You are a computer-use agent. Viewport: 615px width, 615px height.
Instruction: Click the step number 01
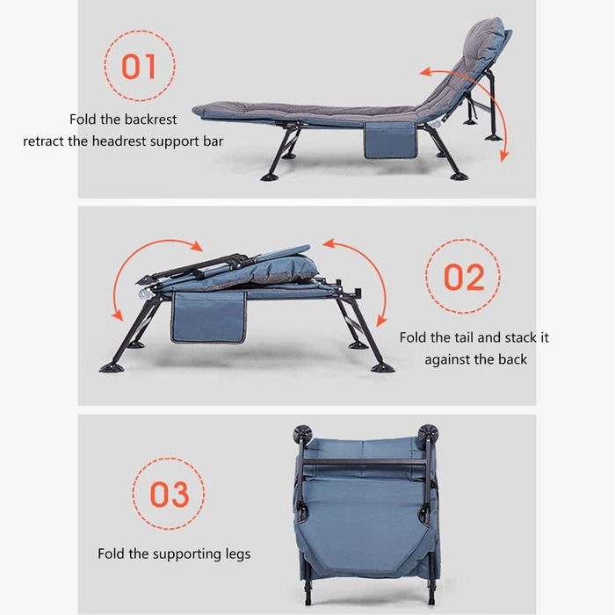(x=139, y=66)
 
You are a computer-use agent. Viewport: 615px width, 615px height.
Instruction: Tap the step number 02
(x=464, y=277)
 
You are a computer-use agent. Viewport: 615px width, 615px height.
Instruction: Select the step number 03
(x=170, y=494)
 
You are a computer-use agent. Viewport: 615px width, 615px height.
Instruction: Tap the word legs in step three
(x=238, y=554)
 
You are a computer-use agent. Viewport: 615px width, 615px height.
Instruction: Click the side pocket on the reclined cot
(x=390, y=140)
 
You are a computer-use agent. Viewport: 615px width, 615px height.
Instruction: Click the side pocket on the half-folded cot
(x=209, y=318)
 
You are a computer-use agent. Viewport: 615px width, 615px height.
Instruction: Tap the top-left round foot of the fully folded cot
(x=302, y=434)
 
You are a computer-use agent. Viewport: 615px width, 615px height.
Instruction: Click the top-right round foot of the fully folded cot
(x=429, y=433)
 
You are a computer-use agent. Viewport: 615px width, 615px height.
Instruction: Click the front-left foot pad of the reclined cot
(x=270, y=177)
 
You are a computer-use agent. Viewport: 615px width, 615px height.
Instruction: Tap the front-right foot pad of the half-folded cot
(x=382, y=368)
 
